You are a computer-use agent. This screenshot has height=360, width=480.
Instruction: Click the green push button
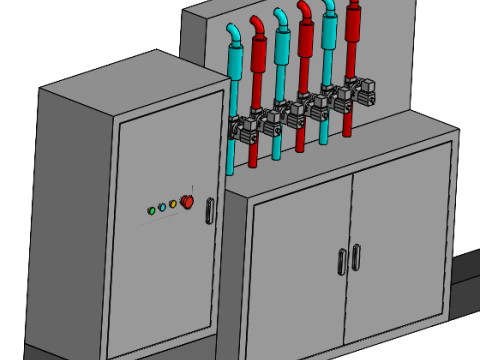point(151,211)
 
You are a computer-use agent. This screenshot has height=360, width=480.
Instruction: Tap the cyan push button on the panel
point(162,208)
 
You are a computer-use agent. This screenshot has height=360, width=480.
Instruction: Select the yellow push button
point(173,205)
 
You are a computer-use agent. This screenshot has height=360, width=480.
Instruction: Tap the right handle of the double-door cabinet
point(355,256)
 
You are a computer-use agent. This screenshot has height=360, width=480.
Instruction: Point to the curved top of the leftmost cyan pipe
point(233,34)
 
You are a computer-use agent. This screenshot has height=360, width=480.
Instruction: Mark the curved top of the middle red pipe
point(304,9)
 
